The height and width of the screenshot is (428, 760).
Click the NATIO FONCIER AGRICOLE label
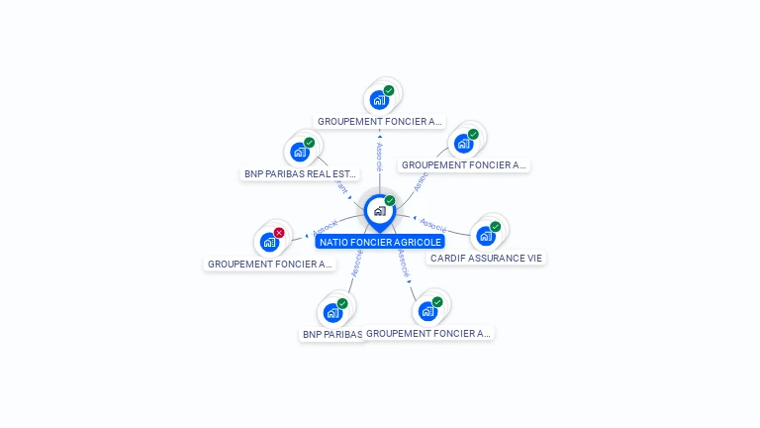(x=380, y=241)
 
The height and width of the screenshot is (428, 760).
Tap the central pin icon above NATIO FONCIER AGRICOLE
(x=379, y=211)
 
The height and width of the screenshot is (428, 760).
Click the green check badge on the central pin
(x=390, y=201)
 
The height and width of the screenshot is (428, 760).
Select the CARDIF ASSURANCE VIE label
(x=486, y=258)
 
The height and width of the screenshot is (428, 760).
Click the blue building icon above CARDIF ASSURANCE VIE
(x=485, y=236)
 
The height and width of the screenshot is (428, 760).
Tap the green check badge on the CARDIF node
(x=496, y=227)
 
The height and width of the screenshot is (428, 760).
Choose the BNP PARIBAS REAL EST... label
(x=300, y=173)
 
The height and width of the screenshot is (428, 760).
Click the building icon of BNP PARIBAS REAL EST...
(x=299, y=152)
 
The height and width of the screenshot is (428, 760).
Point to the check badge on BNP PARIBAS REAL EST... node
(x=310, y=143)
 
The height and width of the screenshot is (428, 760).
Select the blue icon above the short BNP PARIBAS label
(x=332, y=313)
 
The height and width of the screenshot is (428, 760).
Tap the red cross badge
(x=279, y=233)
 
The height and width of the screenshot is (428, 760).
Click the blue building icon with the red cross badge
(x=268, y=242)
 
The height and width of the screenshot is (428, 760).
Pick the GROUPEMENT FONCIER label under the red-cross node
(x=269, y=265)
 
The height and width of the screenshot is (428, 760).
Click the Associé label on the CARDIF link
(x=433, y=223)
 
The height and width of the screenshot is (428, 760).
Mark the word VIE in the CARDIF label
(x=533, y=258)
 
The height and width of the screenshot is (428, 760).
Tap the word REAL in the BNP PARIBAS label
(x=320, y=173)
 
